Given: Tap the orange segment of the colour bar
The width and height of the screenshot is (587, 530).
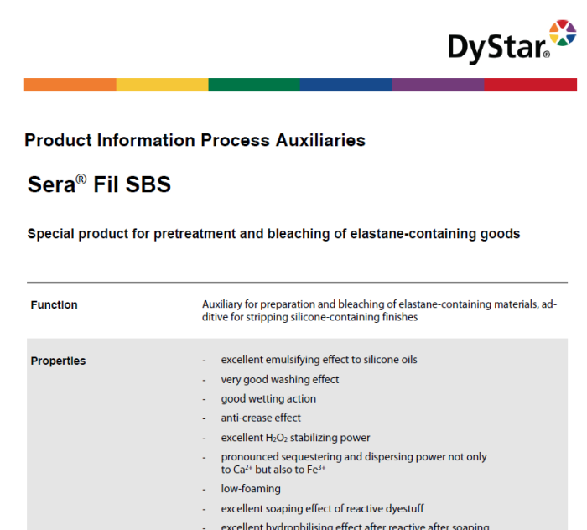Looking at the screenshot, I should [70, 85].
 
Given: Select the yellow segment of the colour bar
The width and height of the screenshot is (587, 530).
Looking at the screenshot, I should [162, 85].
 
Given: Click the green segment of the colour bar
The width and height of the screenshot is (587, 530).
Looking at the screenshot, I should [254, 85].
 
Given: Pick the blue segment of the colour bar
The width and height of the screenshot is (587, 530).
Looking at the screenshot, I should [345, 85].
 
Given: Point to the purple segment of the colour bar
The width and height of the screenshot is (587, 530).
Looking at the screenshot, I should [438, 85].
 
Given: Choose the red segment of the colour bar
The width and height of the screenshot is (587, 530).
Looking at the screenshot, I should [530, 85].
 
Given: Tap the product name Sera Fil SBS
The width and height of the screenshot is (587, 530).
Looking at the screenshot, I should [99, 184].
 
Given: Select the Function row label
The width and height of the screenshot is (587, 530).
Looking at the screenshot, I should [54, 305].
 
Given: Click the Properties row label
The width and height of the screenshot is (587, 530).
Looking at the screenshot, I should [58, 361].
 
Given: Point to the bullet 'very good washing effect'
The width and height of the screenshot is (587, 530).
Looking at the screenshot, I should [280, 379].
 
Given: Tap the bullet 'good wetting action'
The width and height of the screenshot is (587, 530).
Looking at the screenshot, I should [268, 398].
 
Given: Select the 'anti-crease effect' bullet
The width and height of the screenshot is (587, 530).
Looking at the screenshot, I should [261, 418].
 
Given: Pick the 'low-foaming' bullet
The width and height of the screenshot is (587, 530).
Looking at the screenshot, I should [251, 489].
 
